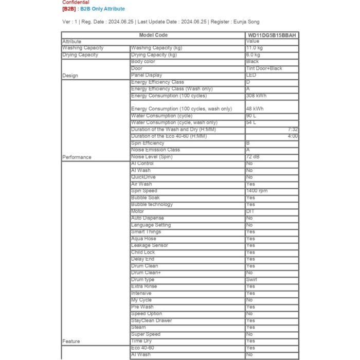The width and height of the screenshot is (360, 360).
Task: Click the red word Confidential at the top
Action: click(76, 3)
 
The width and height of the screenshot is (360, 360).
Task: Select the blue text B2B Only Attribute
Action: click(102, 9)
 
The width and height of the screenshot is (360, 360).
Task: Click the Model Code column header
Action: click(153, 35)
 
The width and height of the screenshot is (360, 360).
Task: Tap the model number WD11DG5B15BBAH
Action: click(271, 35)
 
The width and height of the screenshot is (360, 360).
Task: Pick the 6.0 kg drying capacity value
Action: click(253, 55)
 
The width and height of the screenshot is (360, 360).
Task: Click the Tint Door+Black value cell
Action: click(264, 68)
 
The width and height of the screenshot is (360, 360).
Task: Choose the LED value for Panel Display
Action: click(251, 75)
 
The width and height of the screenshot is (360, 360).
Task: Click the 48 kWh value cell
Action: click(255, 109)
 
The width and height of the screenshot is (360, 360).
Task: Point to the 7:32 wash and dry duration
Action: click(292, 130)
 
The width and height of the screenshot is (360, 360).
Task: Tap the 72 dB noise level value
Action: click(253, 156)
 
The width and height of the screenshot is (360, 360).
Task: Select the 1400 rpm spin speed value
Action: click(256, 191)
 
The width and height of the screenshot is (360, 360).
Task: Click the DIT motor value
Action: click(250, 211)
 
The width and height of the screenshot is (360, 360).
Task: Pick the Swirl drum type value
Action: click(251, 280)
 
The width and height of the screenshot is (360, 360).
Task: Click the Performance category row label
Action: click(77, 157)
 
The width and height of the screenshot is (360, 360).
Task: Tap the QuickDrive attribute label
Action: click(143, 177)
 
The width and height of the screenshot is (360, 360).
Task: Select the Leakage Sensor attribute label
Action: click(150, 245)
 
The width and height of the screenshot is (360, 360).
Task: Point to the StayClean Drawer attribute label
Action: click(152, 320)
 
